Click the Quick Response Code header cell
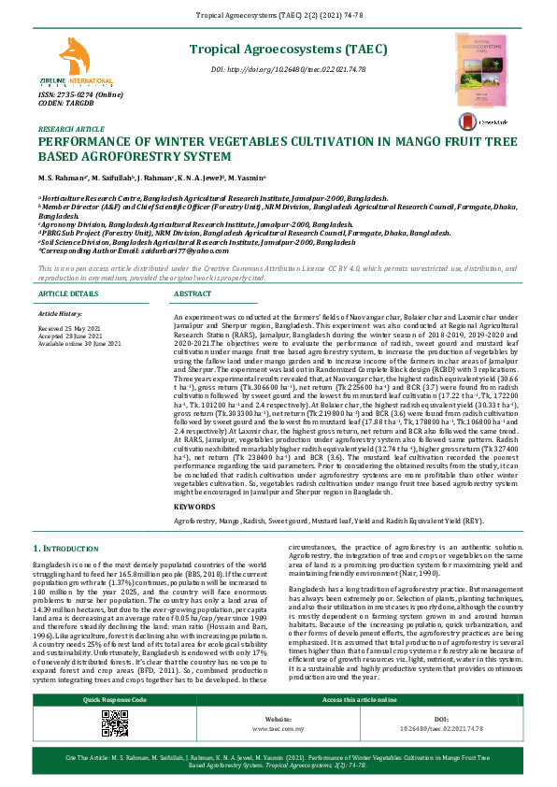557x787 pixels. (114, 699)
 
